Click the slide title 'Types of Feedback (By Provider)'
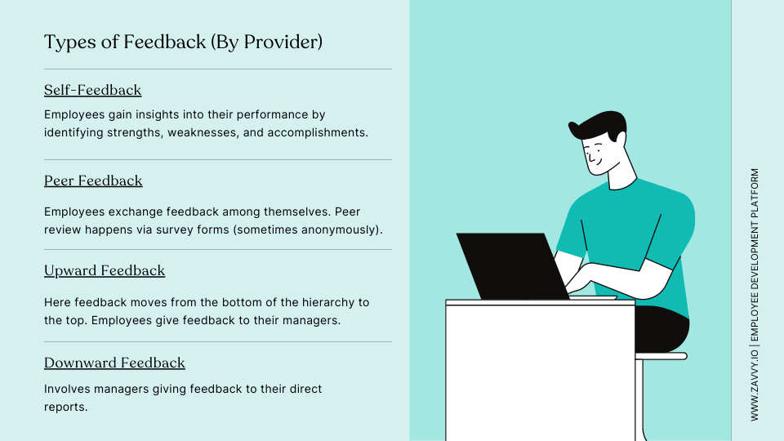pos(183,42)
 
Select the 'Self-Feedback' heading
pos(92,90)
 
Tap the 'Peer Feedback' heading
pos(93,180)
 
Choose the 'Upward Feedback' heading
pos(105,270)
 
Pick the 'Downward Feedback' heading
pos(114,363)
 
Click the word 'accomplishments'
pos(322,131)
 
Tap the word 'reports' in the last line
pos(64,405)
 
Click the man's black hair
pos(600,125)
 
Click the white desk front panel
pos(540,372)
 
